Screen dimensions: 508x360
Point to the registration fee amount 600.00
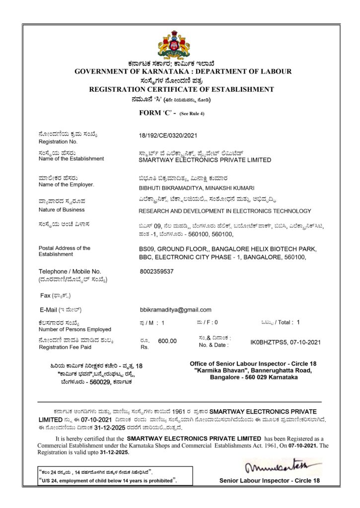click(x=167, y=341)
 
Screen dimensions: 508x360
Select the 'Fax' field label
click(x=45, y=295)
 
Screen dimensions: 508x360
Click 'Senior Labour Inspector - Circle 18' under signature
click(x=270, y=480)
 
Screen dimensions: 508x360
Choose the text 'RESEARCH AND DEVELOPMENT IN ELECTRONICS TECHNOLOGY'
click(x=225, y=211)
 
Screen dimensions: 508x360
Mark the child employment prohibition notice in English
click(x=108, y=480)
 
